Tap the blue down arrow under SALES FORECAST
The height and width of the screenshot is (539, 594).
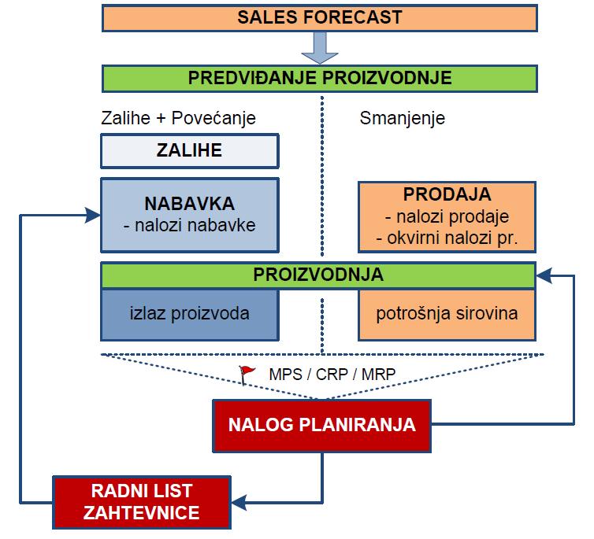pyautogui.click(x=319, y=48)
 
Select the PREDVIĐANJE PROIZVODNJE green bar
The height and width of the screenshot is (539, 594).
pyautogui.click(x=320, y=78)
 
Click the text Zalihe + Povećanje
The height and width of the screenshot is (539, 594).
pyautogui.click(x=179, y=119)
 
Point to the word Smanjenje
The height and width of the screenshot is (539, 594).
pyautogui.click(x=403, y=119)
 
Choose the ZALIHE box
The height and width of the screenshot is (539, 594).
pyautogui.click(x=189, y=150)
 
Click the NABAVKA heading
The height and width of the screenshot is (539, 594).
pyautogui.click(x=189, y=204)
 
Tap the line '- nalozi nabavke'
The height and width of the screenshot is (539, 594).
pyautogui.click(x=189, y=224)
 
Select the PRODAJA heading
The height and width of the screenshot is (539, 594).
pyautogui.click(x=447, y=194)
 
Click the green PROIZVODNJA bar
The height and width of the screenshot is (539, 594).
pyautogui.click(x=319, y=275)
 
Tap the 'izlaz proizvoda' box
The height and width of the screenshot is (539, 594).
pyautogui.click(x=189, y=313)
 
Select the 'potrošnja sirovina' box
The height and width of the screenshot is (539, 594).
pyautogui.click(x=447, y=313)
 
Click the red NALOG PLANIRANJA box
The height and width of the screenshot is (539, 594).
pyautogui.click(x=321, y=425)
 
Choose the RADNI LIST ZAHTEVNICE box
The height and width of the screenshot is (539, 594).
pyautogui.click(x=142, y=501)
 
